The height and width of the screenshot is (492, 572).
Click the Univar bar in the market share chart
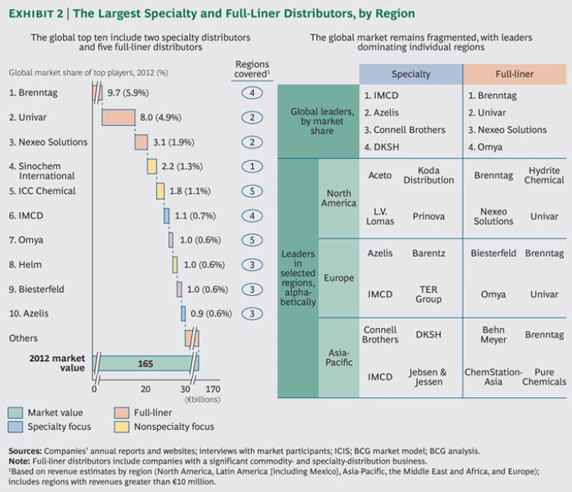pos(118,117)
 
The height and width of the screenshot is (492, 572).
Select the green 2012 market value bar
pos(146,363)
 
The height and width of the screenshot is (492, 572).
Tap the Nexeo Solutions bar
pos(141,142)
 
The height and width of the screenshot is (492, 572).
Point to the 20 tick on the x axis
pos(146,388)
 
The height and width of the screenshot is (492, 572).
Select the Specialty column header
pos(410,75)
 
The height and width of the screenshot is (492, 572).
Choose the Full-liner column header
pos(514,75)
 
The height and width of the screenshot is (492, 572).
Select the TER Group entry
pos(428,294)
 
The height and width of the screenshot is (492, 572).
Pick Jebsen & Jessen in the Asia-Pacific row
pos(428,376)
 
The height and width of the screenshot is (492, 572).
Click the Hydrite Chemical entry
pos(544,175)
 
